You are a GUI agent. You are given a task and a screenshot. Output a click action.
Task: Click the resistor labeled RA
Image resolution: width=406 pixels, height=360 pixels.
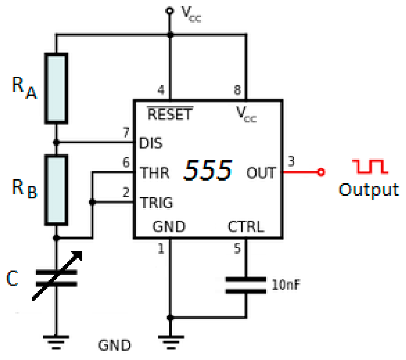(x=56, y=87)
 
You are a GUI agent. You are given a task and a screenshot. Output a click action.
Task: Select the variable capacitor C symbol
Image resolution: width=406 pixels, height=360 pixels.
(x=56, y=278)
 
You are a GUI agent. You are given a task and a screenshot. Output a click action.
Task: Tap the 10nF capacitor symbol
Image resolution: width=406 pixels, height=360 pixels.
(x=246, y=285)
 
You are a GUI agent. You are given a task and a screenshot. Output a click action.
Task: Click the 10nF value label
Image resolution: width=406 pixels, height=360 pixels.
(x=284, y=285)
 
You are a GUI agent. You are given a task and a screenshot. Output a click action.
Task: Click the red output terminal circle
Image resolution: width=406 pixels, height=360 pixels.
(x=322, y=172)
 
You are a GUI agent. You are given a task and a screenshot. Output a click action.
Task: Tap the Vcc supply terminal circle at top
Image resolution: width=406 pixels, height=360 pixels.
(x=170, y=11)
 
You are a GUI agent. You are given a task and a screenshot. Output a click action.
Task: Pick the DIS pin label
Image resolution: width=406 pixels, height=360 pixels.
(x=151, y=143)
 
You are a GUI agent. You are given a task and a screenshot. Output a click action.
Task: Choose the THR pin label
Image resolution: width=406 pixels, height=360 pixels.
(x=155, y=173)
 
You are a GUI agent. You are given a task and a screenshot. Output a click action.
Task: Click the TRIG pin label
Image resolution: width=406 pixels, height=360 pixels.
(x=157, y=203)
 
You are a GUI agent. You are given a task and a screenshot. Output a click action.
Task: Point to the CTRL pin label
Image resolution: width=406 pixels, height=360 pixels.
(x=245, y=227)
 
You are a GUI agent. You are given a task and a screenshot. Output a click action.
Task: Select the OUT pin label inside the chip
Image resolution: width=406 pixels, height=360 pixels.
(x=260, y=173)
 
